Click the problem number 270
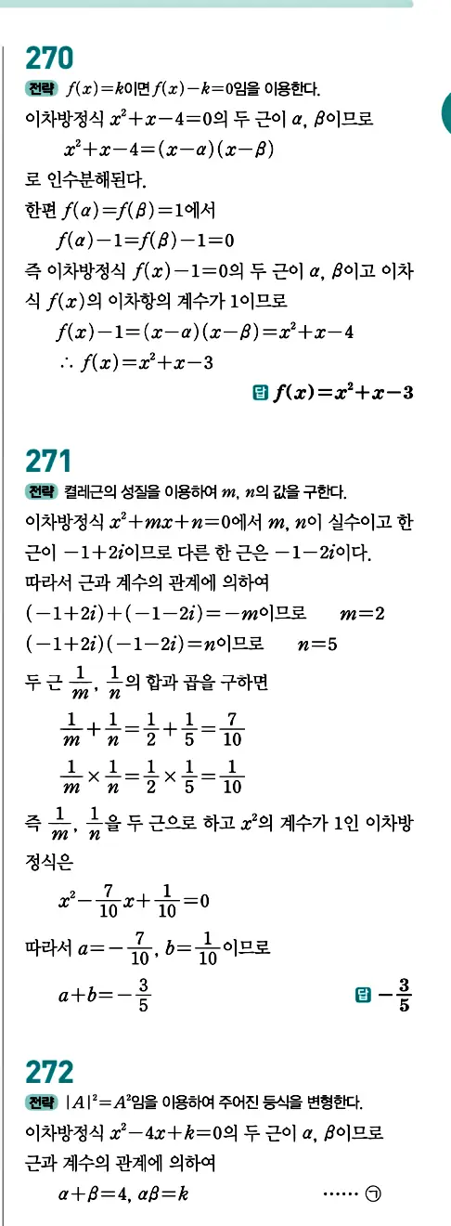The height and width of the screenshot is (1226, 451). tap(50, 59)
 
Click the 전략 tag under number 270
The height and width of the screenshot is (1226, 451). tap(42, 90)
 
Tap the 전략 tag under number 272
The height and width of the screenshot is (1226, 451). tap(42, 1102)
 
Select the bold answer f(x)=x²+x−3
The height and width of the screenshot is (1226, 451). tap(343, 393)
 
